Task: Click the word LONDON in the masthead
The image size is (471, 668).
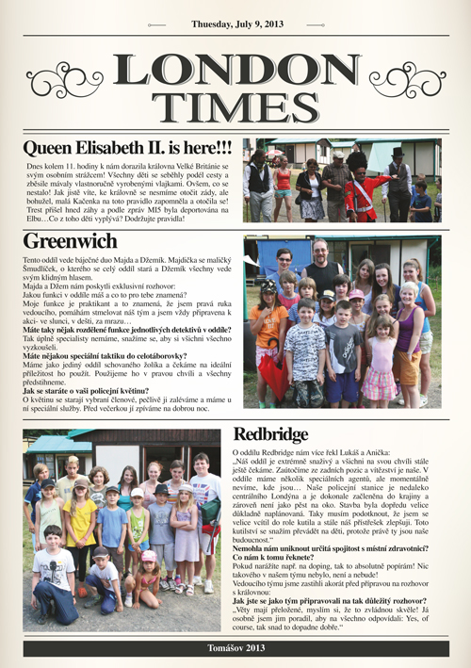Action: (x=235, y=71)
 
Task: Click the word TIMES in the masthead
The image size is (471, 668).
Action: (x=235, y=107)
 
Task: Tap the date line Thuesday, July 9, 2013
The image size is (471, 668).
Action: (x=235, y=24)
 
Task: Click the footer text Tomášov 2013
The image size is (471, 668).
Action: (x=235, y=649)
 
